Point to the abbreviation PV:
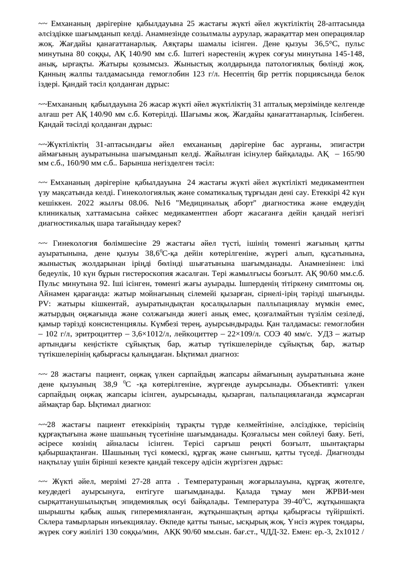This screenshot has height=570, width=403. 44,304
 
